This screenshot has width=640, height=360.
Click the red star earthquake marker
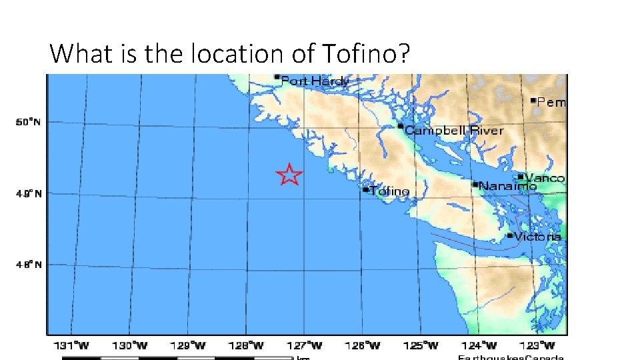click(289, 175)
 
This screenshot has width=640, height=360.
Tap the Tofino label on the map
click(390, 191)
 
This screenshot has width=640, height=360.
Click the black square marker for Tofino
click(365, 189)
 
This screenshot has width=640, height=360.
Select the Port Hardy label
click(315, 81)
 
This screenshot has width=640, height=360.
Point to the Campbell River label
click(454, 130)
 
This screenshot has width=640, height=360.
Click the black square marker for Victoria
click(510, 235)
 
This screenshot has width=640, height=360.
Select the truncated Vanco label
click(545, 178)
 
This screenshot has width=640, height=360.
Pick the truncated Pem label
click(551, 103)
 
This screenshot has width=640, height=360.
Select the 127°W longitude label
click(307, 345)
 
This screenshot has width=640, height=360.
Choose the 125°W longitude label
click(424, 345)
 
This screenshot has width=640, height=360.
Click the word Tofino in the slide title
click(367, 53)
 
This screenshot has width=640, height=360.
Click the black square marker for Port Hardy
click(277, 77)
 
